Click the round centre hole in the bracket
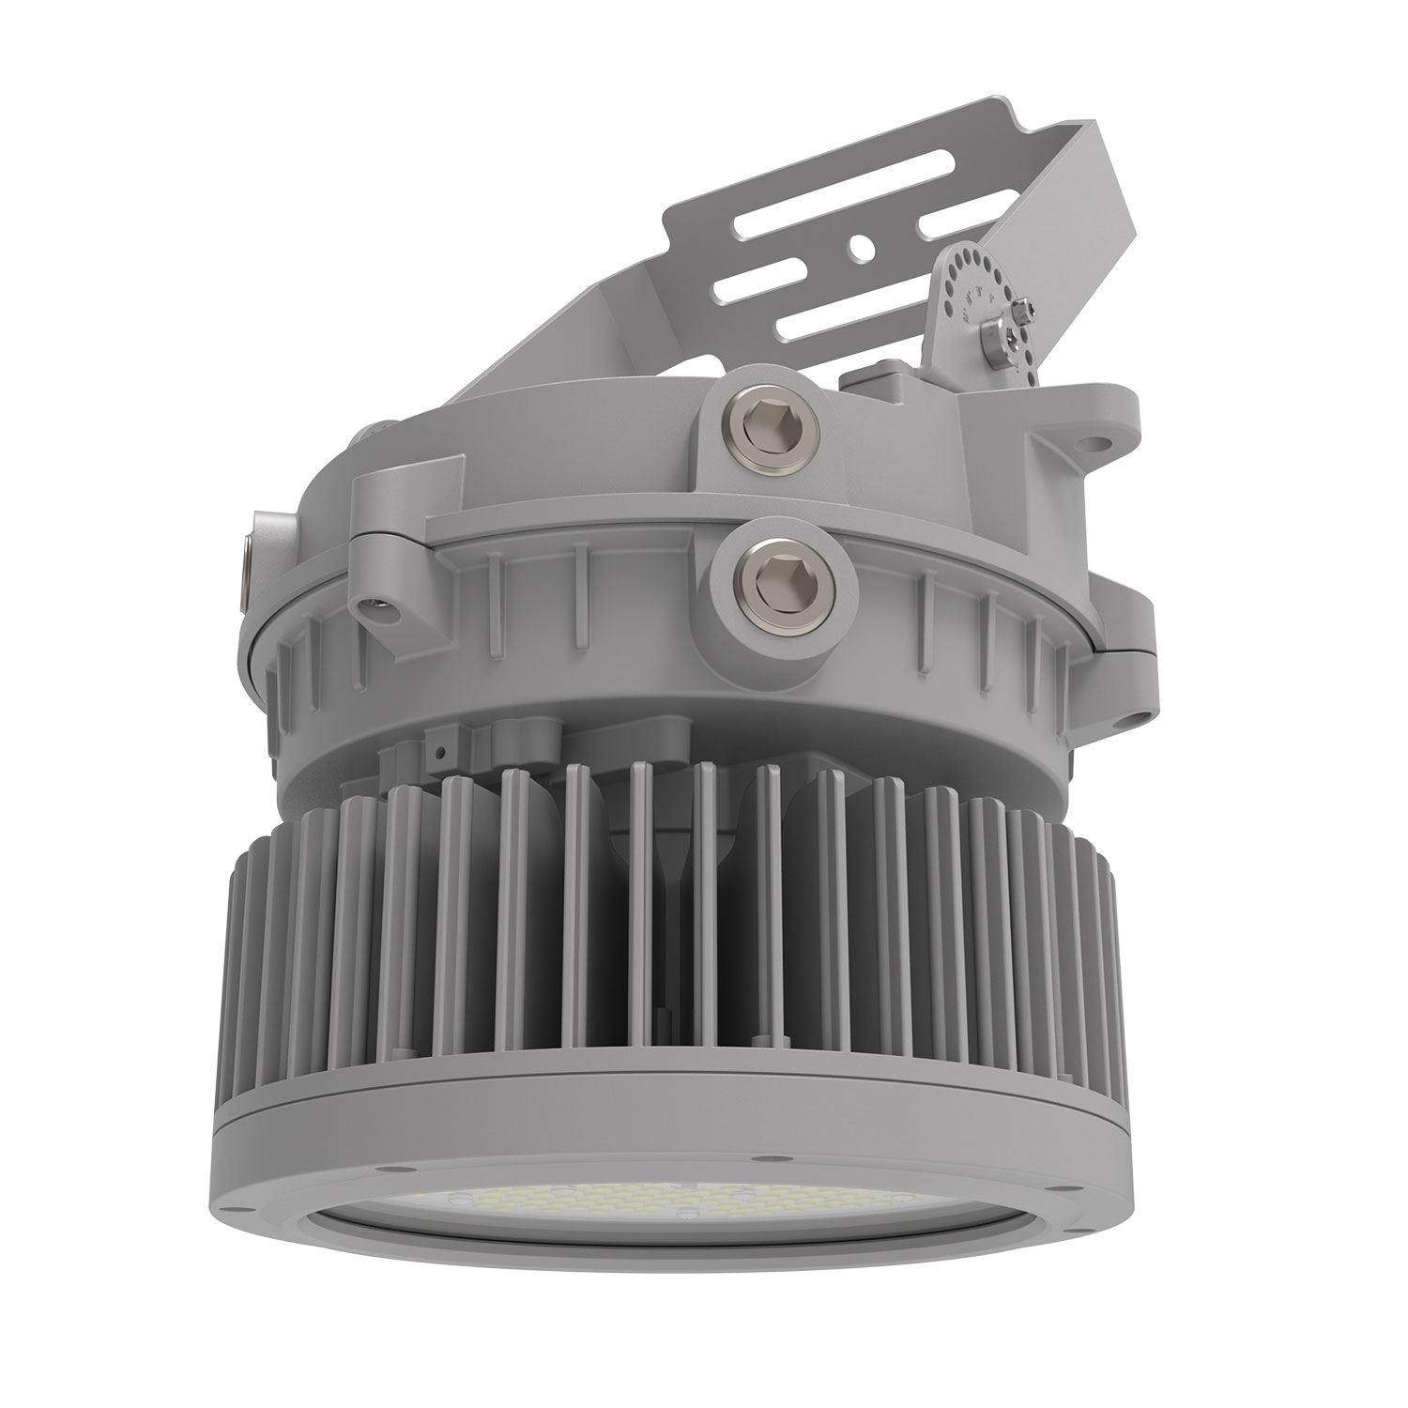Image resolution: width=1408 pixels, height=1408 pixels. [857, 246]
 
